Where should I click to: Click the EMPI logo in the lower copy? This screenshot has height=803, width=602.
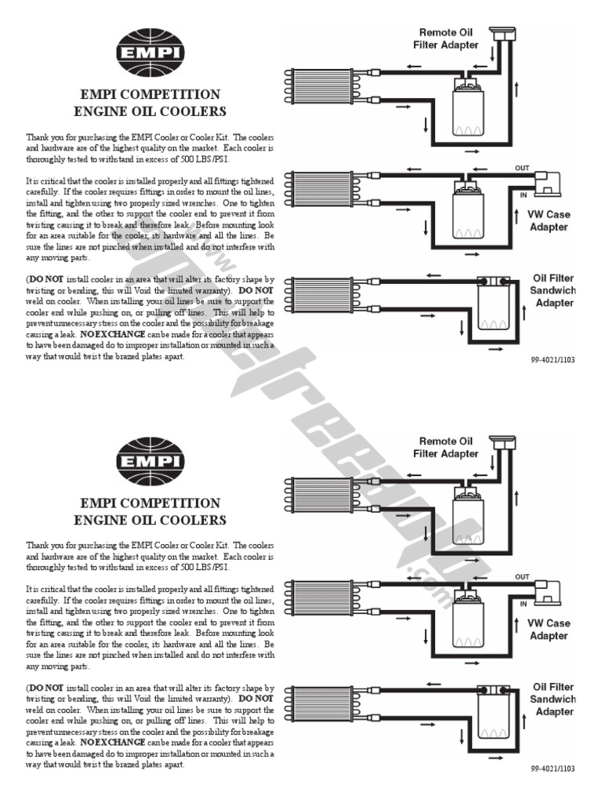click(x=150, y=460)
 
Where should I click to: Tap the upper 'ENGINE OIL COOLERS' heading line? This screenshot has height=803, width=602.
click(x=150, y=111)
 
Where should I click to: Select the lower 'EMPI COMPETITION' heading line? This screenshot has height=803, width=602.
click(x=150, y=503)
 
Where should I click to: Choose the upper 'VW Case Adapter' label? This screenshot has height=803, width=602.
click(x=549, y=220)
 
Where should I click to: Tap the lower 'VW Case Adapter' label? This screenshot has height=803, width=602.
click(x=549, y=629)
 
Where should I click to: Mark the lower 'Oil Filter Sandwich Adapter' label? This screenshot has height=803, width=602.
click(x=553, y=699)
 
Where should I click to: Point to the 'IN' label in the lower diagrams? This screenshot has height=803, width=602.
click(x=523, y=604)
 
